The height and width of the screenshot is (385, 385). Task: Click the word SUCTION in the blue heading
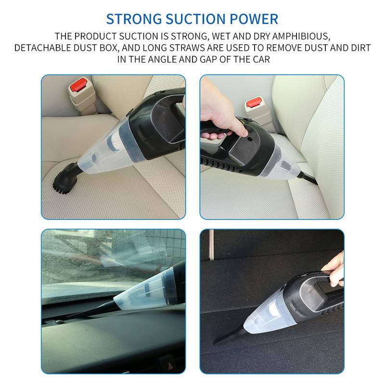[192, 19]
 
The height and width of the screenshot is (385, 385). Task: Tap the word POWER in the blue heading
[254, 19]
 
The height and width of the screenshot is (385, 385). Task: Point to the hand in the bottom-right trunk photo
[334, 266]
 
